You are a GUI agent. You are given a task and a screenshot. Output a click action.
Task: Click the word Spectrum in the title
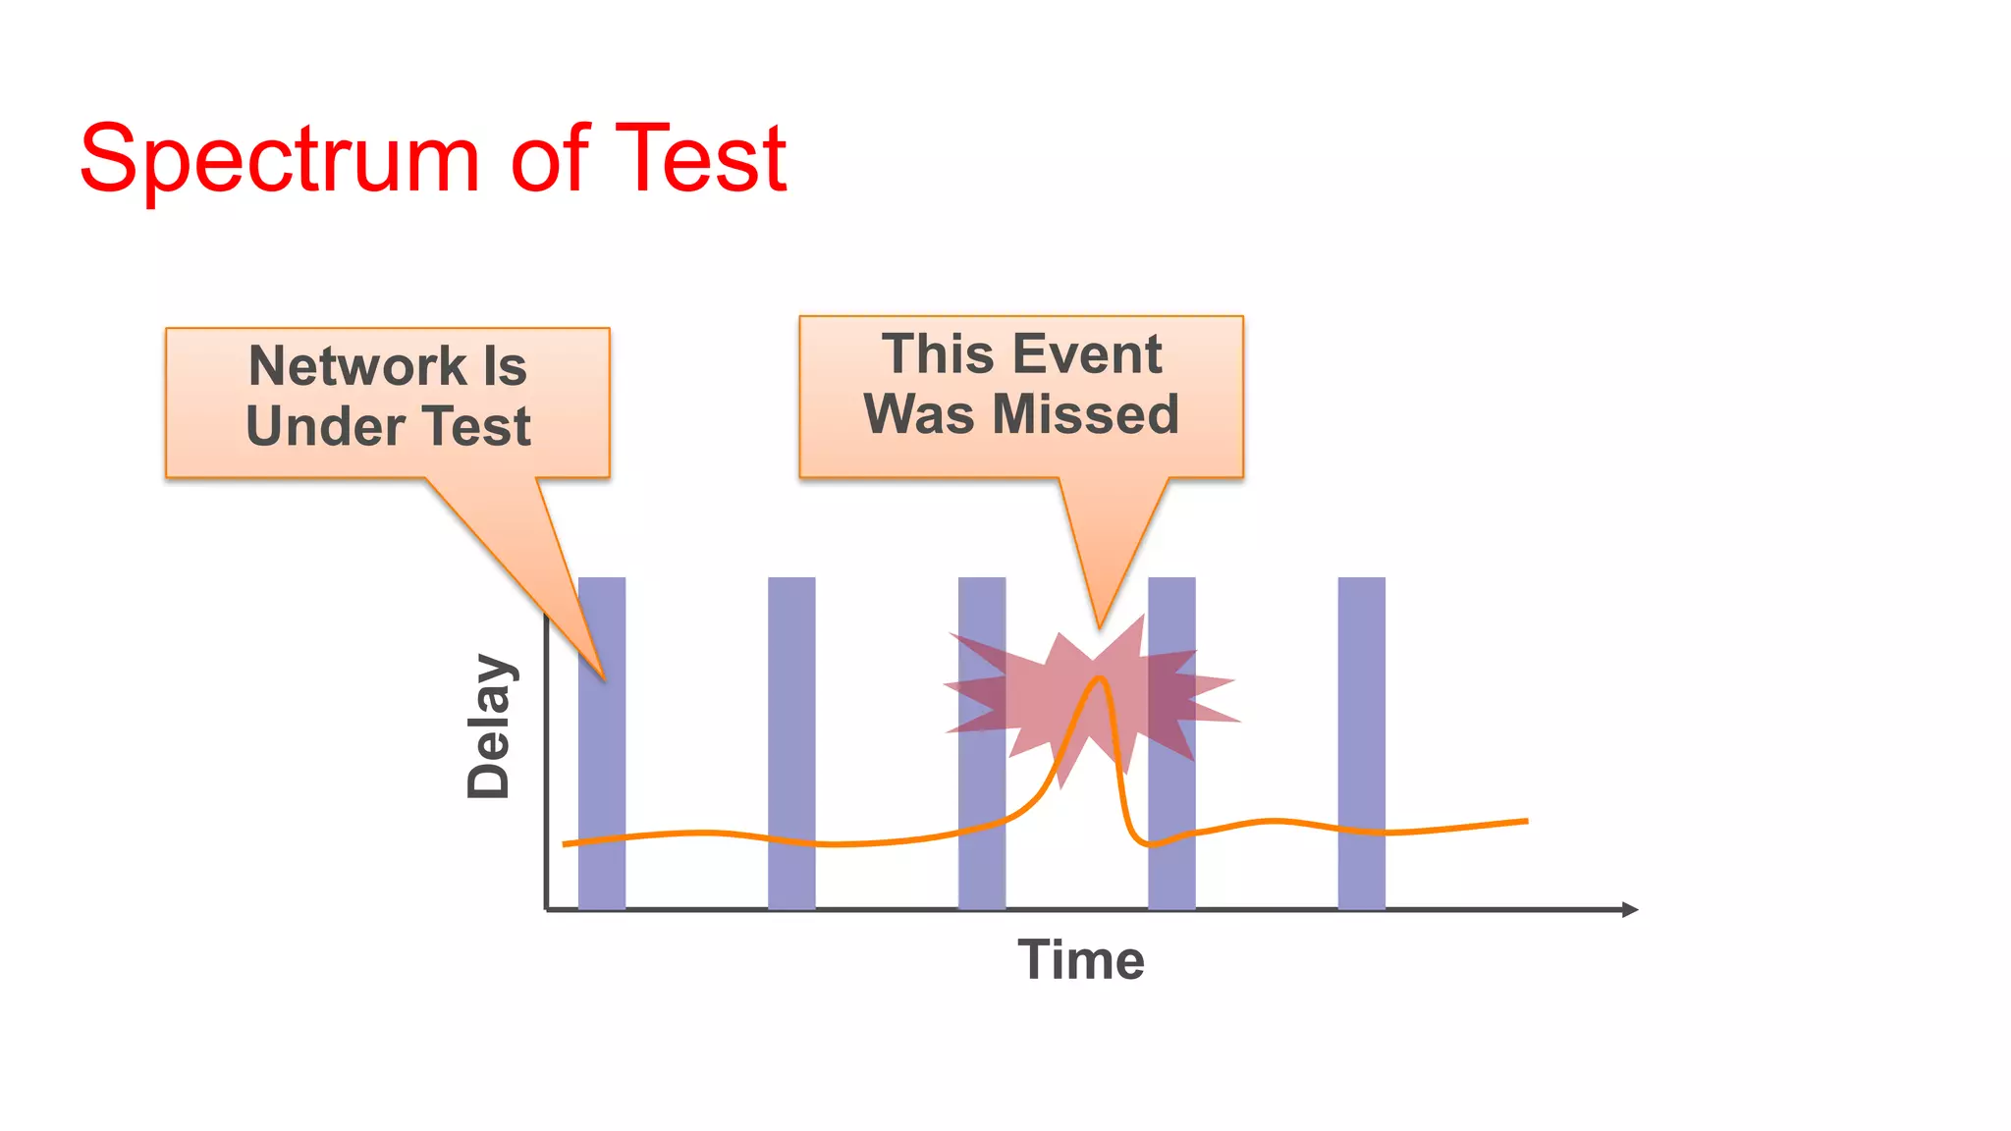coord(279,159)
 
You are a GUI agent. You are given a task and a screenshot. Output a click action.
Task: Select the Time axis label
coord(1080,959)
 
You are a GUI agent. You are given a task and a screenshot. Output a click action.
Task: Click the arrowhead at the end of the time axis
coord(1630,909)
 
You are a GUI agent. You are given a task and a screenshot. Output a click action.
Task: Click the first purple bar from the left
coord(602,766)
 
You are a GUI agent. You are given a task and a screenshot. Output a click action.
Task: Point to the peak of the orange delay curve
coord(1101,678)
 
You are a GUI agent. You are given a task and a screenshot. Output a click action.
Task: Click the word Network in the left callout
coord(357,366)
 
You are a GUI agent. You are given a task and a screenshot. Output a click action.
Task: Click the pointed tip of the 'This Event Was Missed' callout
coord(1100,626)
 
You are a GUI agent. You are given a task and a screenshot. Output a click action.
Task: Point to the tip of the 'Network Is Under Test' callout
coord(604,679)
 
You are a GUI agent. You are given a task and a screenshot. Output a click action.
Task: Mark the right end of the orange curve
coord(1527,821)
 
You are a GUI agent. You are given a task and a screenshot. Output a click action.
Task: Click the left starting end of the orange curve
coord(565,843)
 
